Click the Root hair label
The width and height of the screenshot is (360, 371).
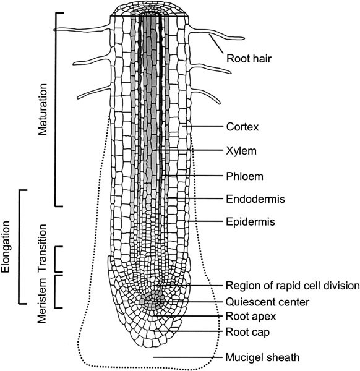pos(249,59)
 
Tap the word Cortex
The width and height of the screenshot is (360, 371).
pos(242,127)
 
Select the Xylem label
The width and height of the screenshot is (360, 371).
pos(241,151)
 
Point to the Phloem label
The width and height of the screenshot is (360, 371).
pos(244,176)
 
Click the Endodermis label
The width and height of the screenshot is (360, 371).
pos(255,199)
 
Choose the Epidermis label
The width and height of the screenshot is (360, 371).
pos(251,222)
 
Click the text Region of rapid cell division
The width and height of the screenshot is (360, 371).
pos(293,286)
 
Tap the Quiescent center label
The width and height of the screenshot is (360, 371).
pos(267,302)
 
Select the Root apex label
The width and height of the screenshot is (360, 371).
pos(251,317)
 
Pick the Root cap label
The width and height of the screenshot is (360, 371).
pos(247,332)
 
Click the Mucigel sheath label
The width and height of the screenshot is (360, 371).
pos(262,357)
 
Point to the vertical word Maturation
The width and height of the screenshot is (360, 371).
pos(43,109)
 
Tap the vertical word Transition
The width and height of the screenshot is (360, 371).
pos(43,248)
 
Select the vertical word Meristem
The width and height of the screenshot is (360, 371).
pos(43,301)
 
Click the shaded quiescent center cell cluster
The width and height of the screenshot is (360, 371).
pos(152,301)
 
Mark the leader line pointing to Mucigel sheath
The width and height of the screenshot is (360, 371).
pos(188,357)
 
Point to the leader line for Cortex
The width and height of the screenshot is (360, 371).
pos(203,126)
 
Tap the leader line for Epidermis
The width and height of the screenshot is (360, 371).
pos(205,221)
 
